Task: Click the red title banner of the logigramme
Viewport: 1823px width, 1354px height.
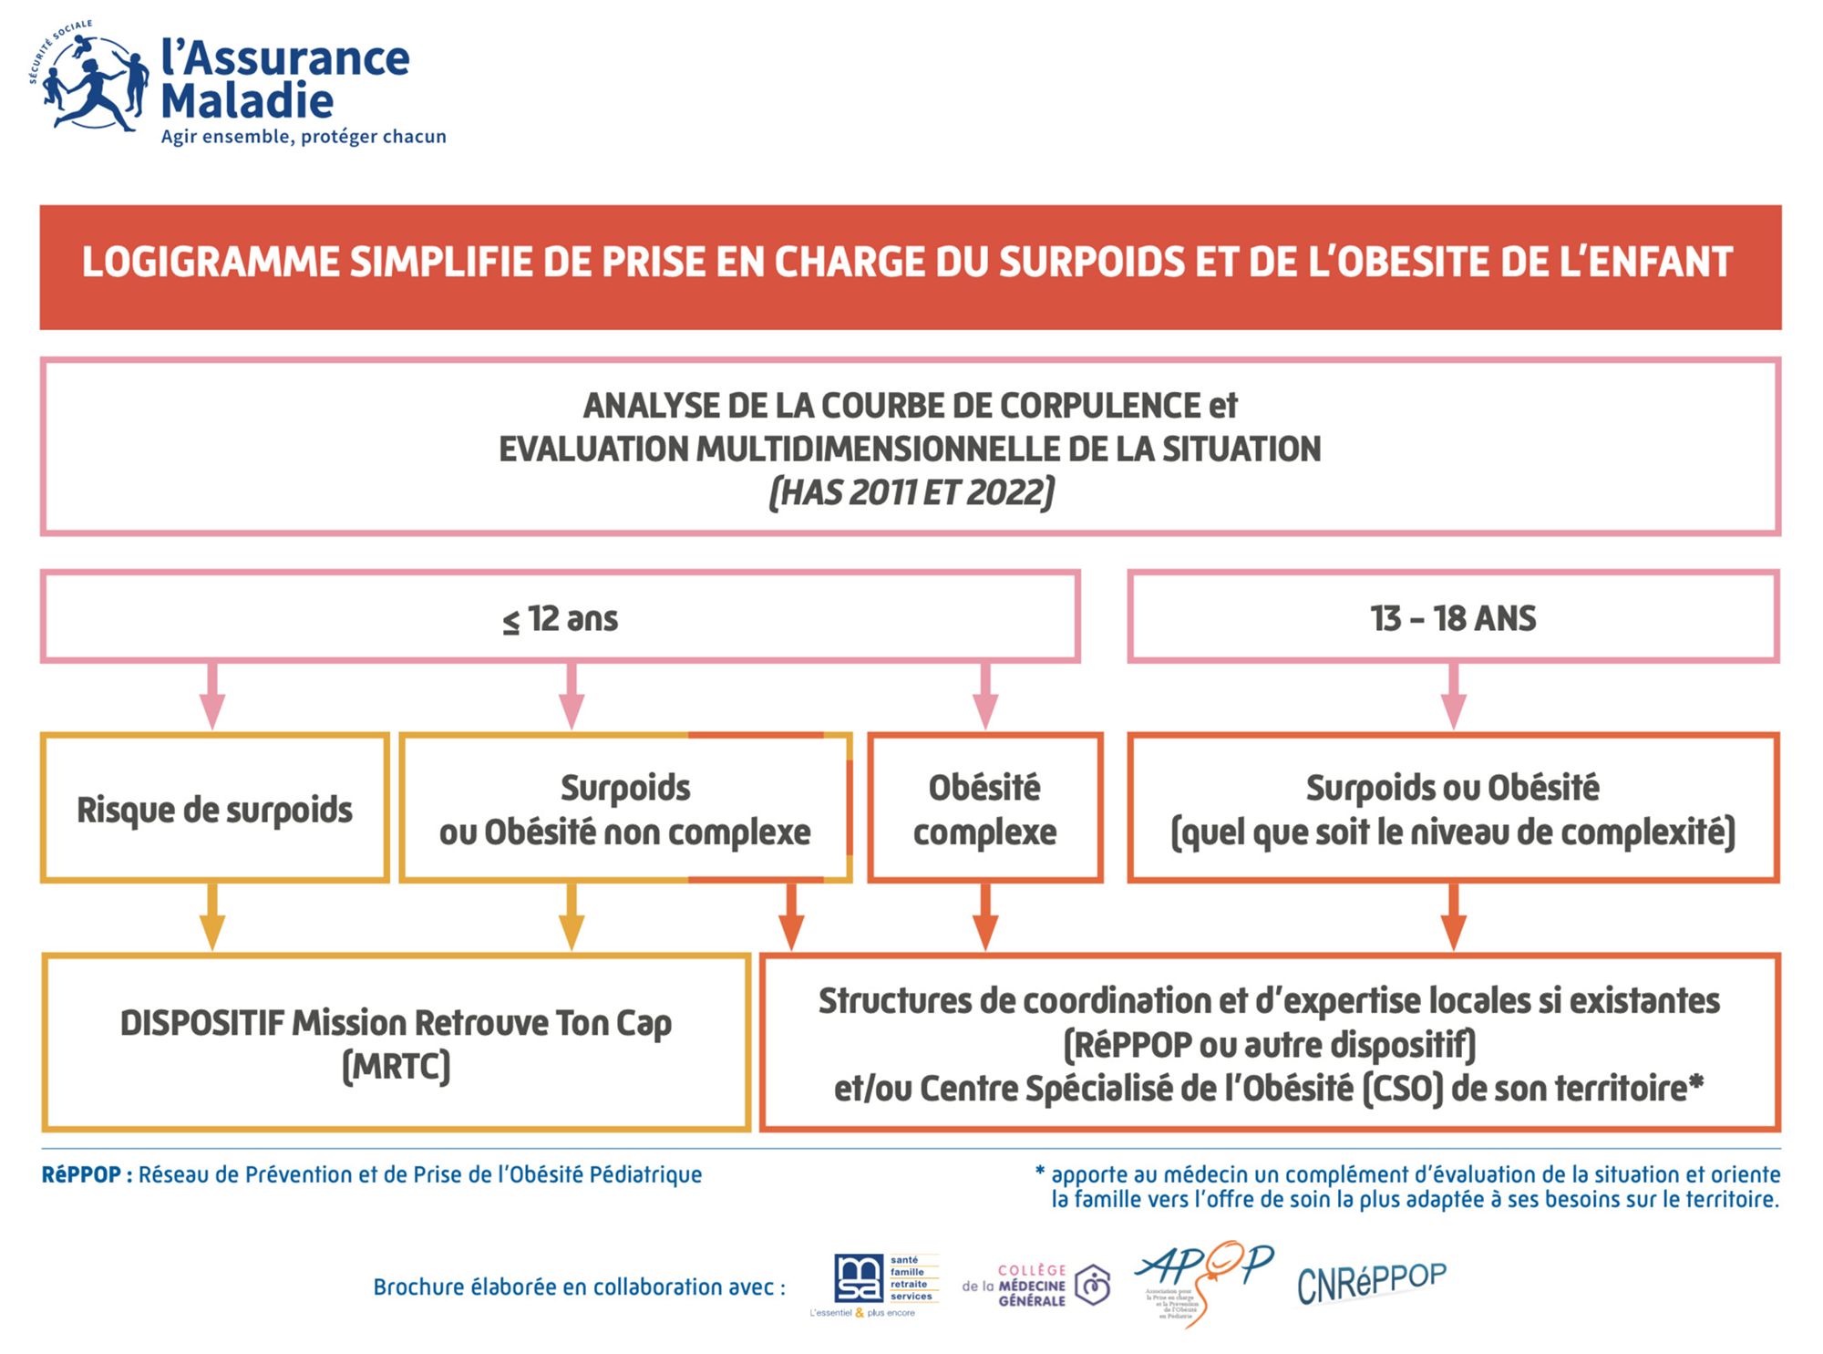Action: (910, 265)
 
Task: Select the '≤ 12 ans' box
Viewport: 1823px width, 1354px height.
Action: (561, 617)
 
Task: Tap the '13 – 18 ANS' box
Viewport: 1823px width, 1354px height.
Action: (1453, 617)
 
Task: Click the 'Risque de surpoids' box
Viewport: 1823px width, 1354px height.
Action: (215, 808)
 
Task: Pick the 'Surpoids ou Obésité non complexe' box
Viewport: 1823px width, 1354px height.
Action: (625, 808)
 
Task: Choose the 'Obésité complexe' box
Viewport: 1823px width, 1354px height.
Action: (984, 808)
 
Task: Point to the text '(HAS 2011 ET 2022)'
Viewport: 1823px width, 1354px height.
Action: (911, 492)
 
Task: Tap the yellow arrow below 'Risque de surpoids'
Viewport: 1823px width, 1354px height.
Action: (212, 917)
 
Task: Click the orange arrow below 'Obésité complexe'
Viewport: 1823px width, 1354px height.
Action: (984, 917)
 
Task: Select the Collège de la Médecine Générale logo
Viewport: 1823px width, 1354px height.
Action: (1037, 1286)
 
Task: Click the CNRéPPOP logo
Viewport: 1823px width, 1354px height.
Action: (1371, 1281)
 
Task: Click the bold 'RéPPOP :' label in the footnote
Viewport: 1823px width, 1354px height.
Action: (88, 1174)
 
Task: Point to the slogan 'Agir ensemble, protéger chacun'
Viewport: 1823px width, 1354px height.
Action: (304, 137)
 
